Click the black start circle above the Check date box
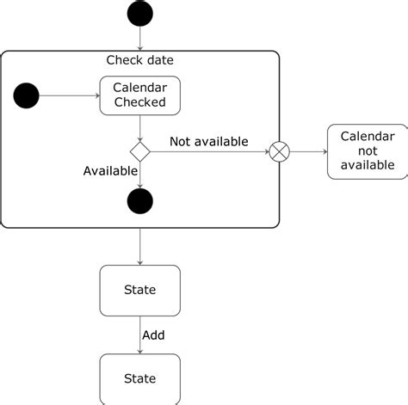pos(139,14)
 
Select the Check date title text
pos(139,60)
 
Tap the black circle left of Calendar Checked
pos(27,95)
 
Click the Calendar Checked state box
pos(139,95)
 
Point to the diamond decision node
pos(139,152)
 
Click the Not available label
pos(208,141)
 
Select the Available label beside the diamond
pos(110,170)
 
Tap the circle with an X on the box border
pos(280,152)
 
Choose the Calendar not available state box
pos(367,151)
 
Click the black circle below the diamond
pos(139,201)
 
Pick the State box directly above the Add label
pos(139,290)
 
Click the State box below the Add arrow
pos(139,378)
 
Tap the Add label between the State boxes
pos(153,334)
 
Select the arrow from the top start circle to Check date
pos(139,39)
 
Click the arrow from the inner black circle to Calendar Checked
pos(69,95)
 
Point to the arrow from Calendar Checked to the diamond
pos(139,128)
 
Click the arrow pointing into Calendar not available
pos(308,152)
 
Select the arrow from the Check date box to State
pos(139,247)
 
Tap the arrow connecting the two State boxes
pos(139,334)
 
